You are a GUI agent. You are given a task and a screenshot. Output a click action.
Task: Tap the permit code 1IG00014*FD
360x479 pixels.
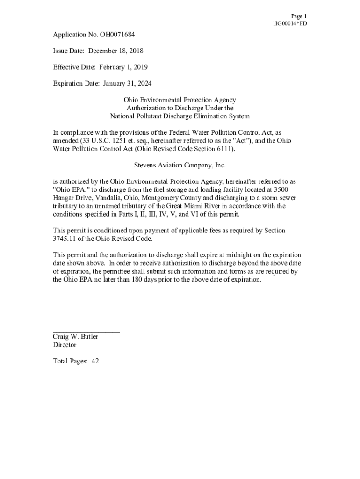click(x=290, y=23)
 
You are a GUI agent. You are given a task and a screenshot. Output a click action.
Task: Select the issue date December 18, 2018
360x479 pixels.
click(x=116, y=51)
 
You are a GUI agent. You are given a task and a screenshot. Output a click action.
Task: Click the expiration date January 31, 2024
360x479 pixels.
click(x=124, y=83)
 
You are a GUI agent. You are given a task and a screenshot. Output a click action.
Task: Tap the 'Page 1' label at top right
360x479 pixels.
click(x=299, y=16)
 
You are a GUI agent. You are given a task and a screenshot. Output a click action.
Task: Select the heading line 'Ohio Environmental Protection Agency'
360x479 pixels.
click(x=180, y=100)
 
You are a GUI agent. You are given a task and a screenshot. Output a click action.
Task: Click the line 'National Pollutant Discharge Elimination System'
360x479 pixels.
click(x=180, y=116)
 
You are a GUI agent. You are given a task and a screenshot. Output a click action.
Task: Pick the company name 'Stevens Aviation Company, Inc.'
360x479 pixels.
click(x=180, y=165)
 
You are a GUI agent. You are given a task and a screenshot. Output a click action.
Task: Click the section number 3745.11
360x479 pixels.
click(x=65, y=239)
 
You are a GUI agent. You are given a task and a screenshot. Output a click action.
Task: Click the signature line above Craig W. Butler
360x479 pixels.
click(x=86, y=332)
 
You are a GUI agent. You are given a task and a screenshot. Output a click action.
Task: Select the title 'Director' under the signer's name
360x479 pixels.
click(x=65, y=345)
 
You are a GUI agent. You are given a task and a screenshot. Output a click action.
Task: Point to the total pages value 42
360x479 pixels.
click(x=95, y=361)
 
